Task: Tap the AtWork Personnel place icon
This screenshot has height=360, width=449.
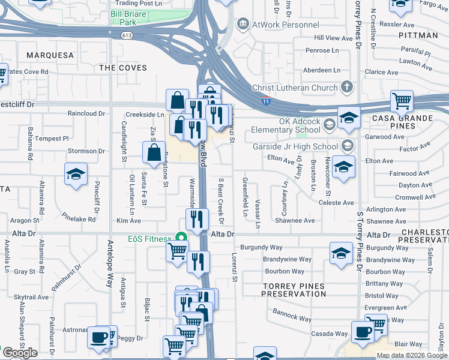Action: [243, 25]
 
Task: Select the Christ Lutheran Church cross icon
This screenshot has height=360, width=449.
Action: [346, 88]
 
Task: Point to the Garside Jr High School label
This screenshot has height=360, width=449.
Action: [304, 146]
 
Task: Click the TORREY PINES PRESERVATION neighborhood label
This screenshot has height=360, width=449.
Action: [294, 290]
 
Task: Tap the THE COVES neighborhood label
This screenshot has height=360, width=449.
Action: [123, 68]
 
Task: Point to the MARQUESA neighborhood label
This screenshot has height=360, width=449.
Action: [50, 55]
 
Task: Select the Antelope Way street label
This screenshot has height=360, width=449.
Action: [110, 265]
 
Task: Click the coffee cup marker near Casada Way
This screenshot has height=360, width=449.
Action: [363, 332]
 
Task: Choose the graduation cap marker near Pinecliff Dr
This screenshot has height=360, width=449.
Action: [76, 174]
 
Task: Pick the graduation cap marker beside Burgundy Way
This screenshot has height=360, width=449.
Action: [341, 253]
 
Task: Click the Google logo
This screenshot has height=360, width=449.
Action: [20, 353]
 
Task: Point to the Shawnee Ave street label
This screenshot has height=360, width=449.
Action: [295, 221]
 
